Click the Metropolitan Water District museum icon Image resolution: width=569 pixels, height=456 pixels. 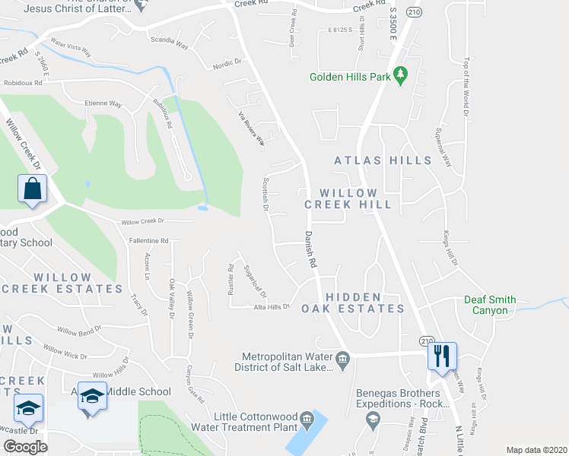click(342, 357)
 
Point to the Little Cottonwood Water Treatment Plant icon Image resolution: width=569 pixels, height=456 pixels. click(306, 417)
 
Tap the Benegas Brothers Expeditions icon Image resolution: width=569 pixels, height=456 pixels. click(373, 419)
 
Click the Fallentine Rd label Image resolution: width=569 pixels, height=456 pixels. click(148, 240)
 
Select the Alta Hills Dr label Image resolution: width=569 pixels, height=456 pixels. click(272, 306)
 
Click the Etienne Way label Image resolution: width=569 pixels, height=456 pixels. click(103, 103)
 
